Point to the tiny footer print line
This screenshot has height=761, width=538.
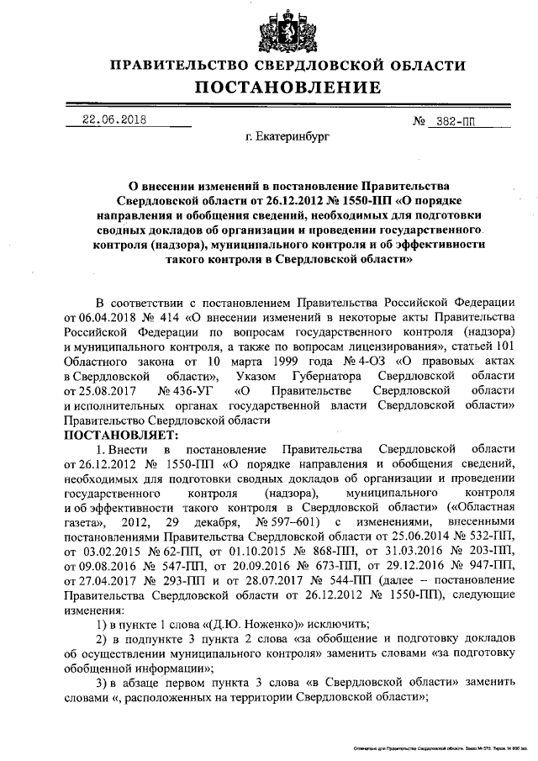click(438, 747)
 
